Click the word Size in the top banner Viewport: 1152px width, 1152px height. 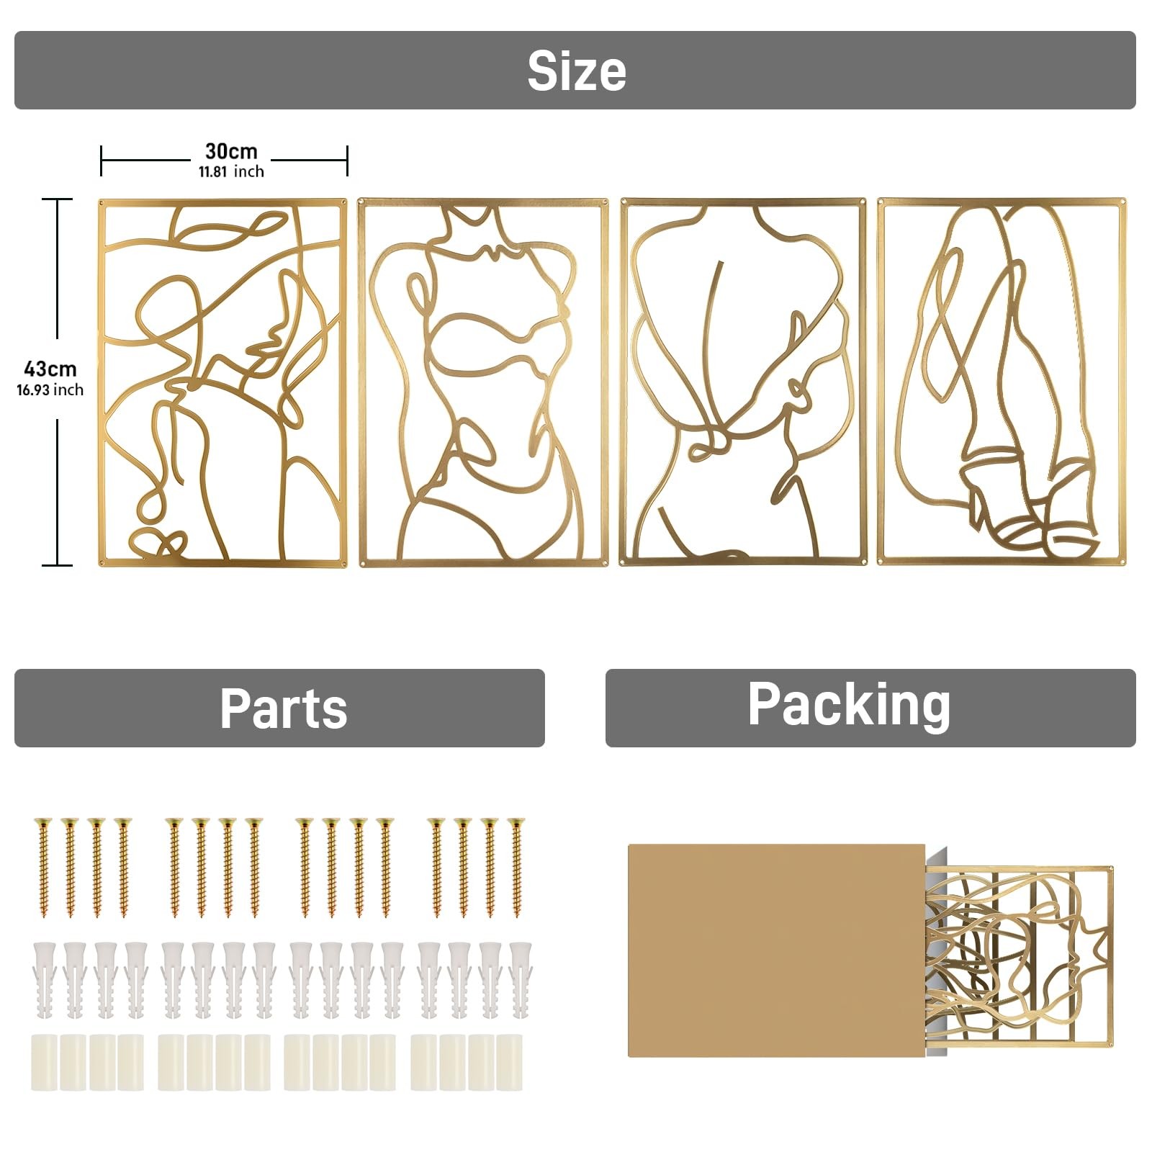576,71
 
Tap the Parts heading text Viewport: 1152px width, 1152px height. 283,708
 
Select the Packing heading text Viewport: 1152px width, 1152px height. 849,706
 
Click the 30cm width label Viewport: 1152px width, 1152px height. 231,151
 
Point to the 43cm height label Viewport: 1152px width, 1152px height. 50,369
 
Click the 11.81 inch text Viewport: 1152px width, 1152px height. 231,171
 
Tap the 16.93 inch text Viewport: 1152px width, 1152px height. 50,390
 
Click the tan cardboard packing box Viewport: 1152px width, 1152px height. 776,950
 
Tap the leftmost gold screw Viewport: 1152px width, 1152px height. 43,867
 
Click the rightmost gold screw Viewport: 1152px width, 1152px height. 516,867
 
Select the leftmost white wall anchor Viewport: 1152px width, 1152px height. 43,981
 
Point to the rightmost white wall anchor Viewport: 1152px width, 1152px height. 518,981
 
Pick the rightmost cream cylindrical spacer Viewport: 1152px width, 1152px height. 509,1061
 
